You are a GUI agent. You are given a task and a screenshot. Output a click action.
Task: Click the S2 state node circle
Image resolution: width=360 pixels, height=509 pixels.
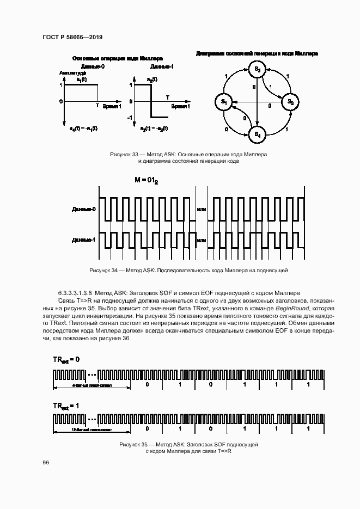pyautogui.click(x=257, y=69)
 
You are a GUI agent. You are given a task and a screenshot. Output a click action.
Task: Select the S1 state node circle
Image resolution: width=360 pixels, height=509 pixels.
pyautogui.click(x=223, y=102)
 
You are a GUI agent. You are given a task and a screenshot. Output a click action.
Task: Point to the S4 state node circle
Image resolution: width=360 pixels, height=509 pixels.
pyautogui.click(x=257, y=134)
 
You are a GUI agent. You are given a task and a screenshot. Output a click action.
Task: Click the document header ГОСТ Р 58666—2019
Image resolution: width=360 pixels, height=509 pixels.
pyautogui.click(x=72, y=37)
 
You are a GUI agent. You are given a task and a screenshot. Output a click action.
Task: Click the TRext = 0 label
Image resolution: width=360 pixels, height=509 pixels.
pyautogui.click(x=66, y=360)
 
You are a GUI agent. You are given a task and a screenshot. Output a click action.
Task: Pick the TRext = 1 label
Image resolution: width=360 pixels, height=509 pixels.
pyautogui.click(x=66, y=406)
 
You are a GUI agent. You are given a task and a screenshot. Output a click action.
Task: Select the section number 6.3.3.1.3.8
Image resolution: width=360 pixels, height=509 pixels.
pyautogui.click(x=75, y=292)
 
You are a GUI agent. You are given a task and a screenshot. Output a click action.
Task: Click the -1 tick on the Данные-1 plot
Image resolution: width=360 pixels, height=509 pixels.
pyautogui.click(x=130, y=118)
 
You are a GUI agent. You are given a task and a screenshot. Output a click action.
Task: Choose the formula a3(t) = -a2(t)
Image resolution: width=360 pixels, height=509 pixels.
pyautogui.click(x=154, y=128)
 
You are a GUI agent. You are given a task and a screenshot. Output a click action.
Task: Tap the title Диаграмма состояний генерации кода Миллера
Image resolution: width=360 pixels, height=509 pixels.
pyautogui.click(x=257, y=54)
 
